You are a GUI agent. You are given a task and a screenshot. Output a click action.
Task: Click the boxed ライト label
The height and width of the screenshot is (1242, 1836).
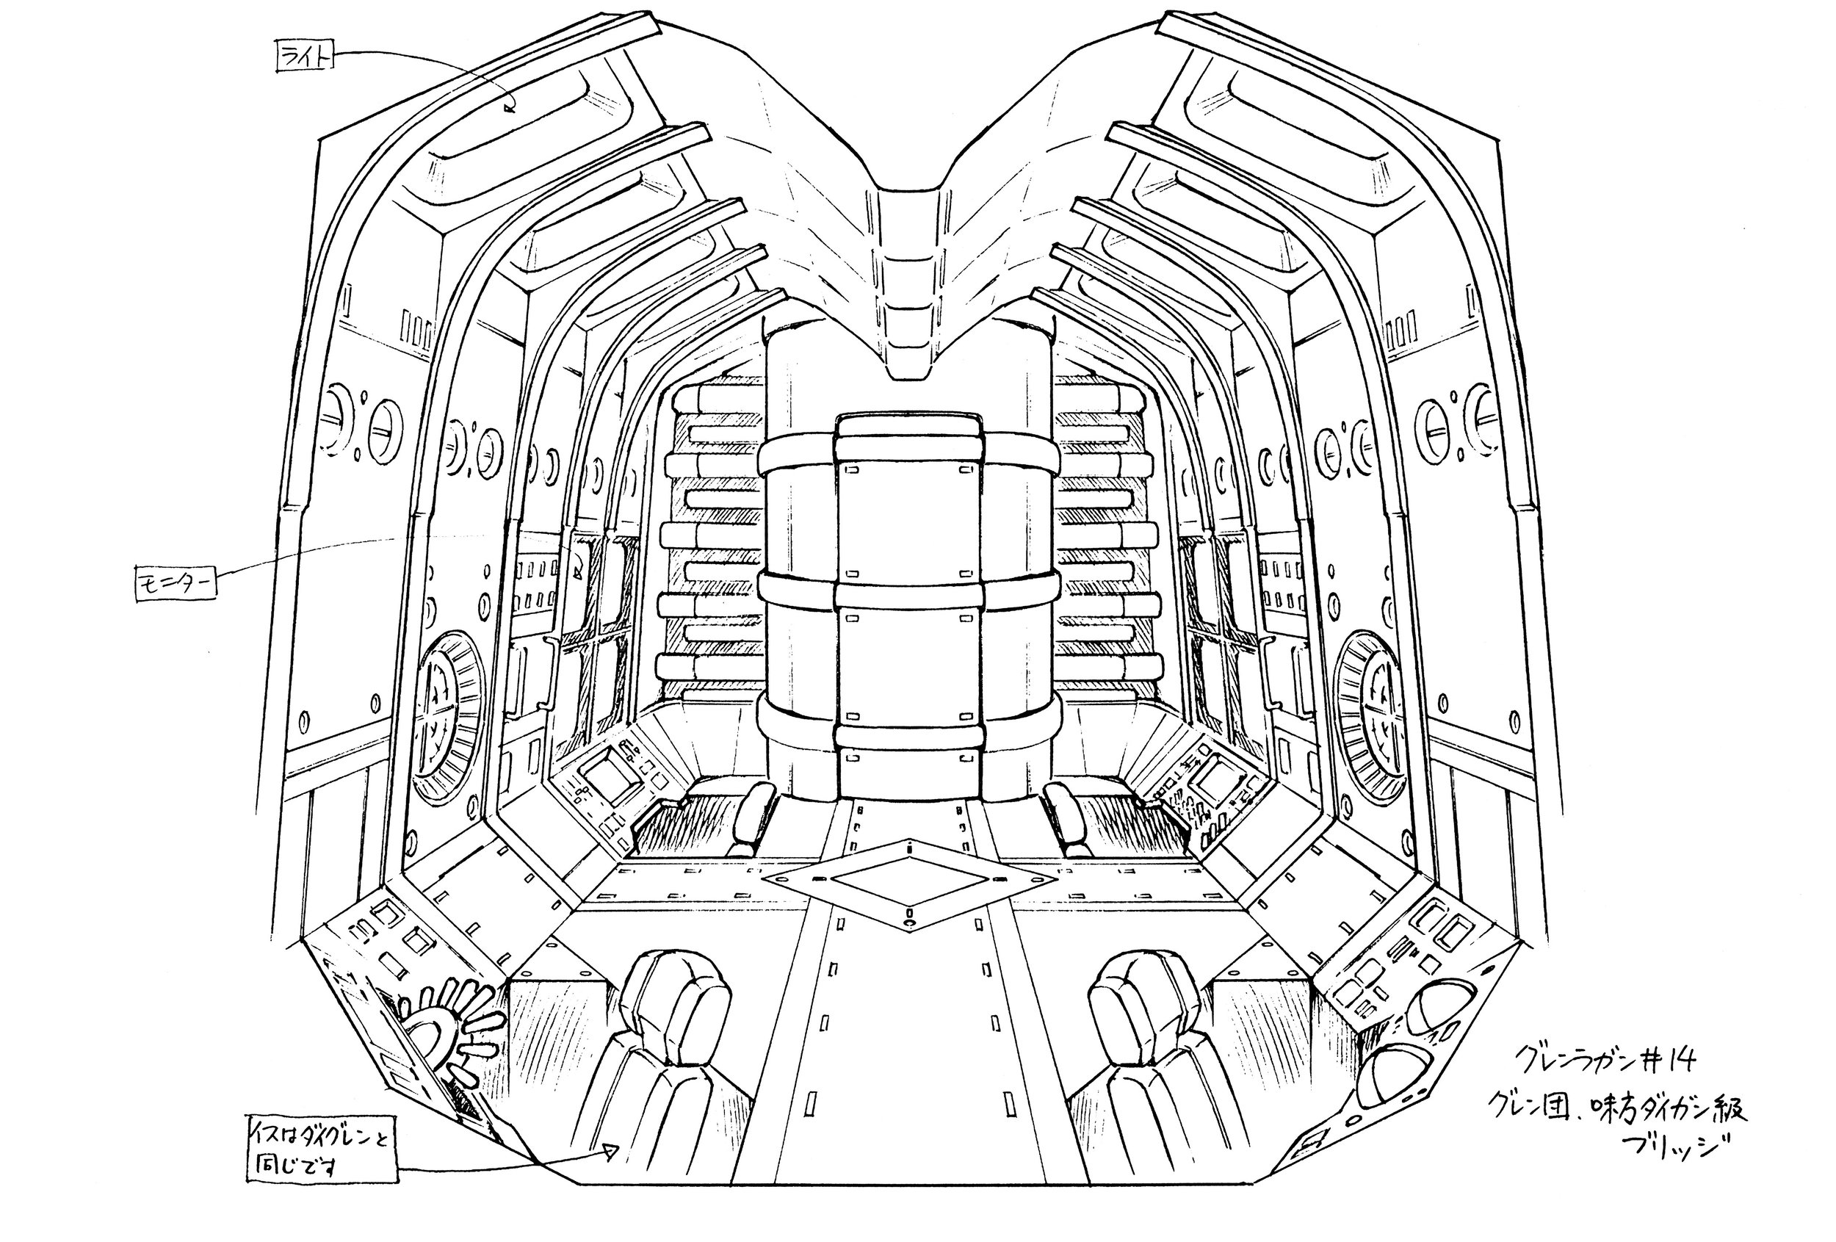click(305, 57)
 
